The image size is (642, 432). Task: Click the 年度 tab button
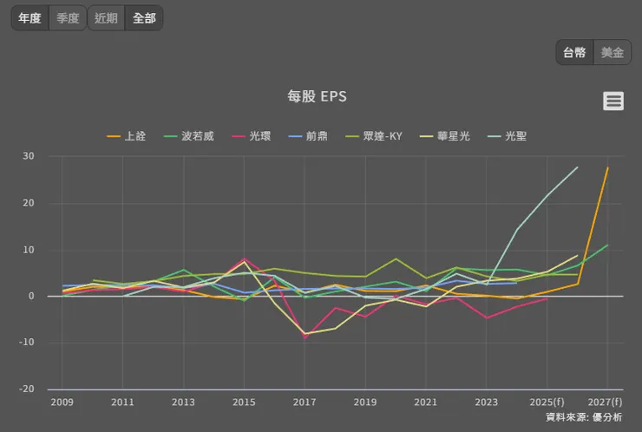29,17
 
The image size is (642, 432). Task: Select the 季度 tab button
67,17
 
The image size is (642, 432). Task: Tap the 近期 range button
106,17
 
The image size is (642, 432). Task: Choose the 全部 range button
144,17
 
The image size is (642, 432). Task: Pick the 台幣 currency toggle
574,52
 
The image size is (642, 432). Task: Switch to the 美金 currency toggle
613,52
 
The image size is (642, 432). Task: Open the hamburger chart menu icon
613,101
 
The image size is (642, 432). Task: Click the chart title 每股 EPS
317,96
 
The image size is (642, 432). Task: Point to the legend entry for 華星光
452,136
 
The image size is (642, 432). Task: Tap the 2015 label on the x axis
244,403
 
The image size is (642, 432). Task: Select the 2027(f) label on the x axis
604,403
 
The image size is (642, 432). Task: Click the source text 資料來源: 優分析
584,417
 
